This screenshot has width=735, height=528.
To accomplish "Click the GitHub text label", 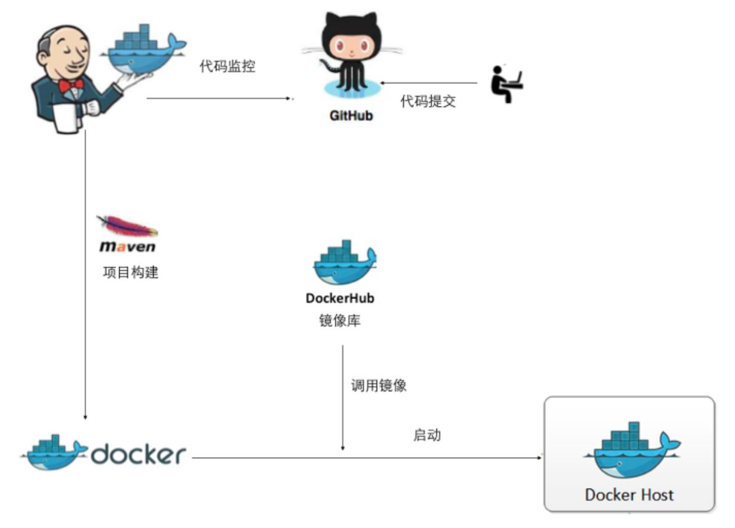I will click(351, 116).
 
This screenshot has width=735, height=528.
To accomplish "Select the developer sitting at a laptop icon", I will click(506, 83).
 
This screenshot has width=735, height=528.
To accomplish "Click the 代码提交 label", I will click(428, 102).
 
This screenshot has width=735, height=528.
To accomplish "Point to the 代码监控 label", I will click(227, 66).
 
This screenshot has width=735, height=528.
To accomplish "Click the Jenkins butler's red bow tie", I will click(71, 84).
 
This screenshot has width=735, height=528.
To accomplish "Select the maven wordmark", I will click(127, 247).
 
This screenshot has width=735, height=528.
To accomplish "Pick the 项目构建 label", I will click(130, 273).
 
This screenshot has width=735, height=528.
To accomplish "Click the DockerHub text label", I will click(340, 298).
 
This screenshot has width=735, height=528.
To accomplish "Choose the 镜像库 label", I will click(340, 320).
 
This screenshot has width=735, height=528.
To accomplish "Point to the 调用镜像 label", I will click(379, 385).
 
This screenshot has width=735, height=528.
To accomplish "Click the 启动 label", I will click(426, 435).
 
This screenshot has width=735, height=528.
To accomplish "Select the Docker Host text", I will click(629, 495).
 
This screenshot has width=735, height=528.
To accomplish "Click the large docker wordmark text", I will click(139, 454).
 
